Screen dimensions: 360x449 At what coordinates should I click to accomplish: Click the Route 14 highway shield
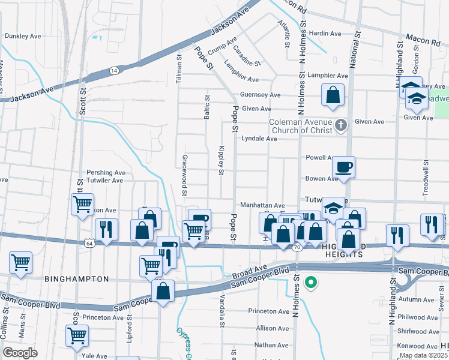point(113,70)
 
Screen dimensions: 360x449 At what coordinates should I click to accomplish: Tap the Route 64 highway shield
point(89,243)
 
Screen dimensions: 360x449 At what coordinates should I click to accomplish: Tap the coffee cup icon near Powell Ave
point(344,166)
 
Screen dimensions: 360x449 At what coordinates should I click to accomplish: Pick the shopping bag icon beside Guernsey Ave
point(333,95)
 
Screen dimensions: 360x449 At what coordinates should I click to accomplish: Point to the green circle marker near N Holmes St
point(310,282)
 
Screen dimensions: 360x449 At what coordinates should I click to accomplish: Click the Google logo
point(20,352)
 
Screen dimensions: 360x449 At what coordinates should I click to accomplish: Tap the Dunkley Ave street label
point(23,36)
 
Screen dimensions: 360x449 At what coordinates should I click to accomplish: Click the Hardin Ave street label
point(325,34)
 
